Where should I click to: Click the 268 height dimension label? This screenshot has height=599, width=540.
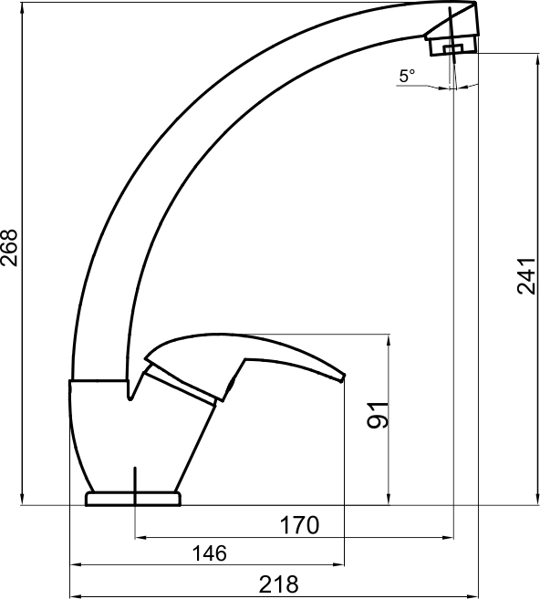[9, 247]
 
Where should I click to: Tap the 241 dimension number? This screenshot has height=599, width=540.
[526, 276]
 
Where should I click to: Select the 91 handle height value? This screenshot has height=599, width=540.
[378, 415]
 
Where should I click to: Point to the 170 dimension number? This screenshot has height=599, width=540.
[299, 525]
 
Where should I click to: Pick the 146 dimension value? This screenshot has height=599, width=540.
[209, 553]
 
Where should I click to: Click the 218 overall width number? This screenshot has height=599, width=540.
[278, 584]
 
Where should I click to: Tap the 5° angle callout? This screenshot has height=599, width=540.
[407, 76]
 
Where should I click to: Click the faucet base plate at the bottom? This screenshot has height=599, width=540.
[133, 499]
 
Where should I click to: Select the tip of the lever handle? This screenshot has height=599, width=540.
[343, 377]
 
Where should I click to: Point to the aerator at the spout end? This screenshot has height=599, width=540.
[452, 45]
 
